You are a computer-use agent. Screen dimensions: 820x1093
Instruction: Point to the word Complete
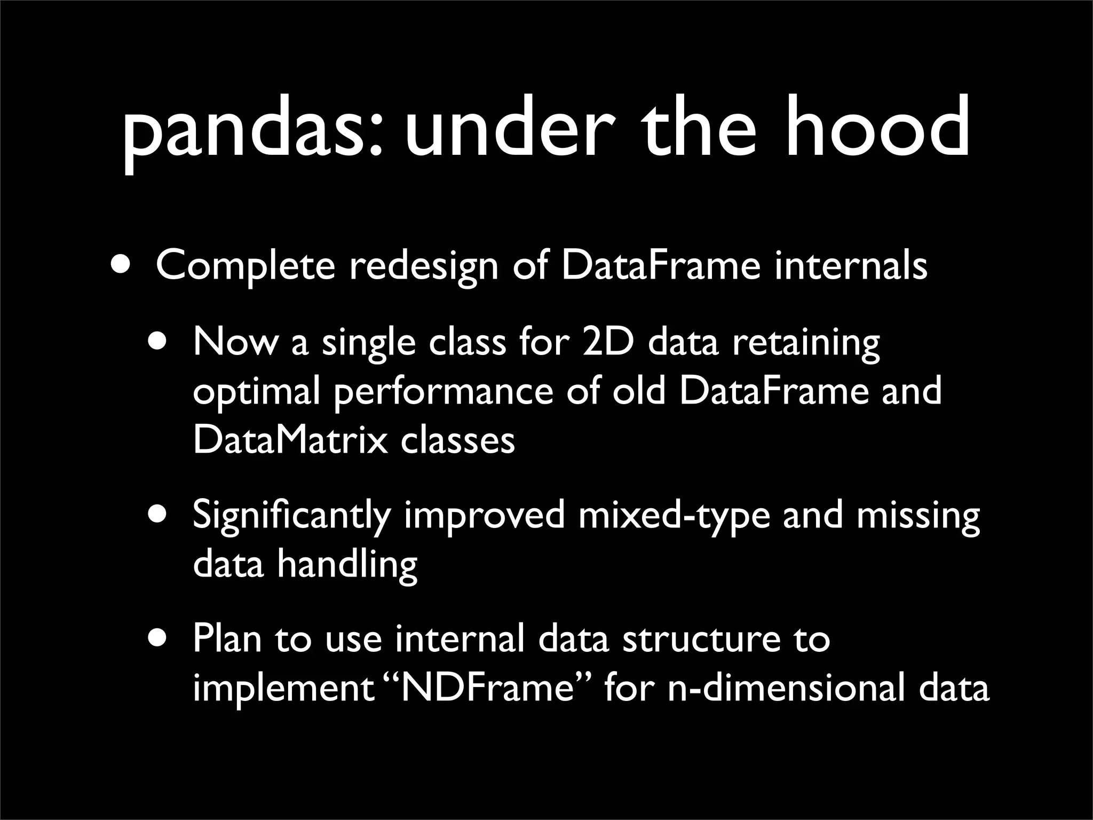[245, 266]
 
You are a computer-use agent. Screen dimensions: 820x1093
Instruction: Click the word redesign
[424, 266]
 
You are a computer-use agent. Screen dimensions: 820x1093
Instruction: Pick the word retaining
[806, 344]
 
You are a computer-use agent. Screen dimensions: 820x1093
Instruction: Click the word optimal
[256, 393]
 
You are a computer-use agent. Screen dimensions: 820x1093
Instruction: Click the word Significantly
[291, 517]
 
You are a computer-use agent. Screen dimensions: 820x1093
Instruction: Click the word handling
[347, 565]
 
